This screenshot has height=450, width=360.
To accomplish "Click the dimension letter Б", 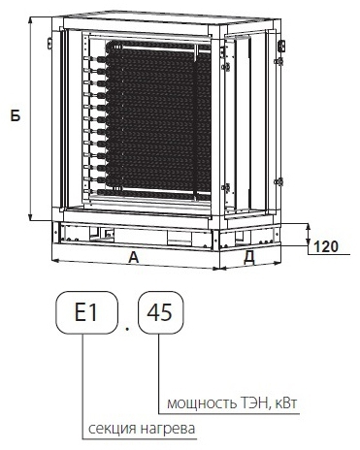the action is click(15, 115).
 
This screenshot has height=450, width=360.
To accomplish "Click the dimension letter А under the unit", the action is click(133, 258).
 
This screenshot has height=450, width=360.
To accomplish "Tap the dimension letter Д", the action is click(249, 258).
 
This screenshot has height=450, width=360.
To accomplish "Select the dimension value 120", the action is click(326, 247).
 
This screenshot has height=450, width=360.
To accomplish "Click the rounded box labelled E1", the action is click(86, 312).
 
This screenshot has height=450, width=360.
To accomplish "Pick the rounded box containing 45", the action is click(161, 312).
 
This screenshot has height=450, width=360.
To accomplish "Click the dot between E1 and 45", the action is click(127, 329).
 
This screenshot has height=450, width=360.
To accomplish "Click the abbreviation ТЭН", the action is click(254, 402).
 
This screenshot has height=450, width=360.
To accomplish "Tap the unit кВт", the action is click(285, 402).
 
